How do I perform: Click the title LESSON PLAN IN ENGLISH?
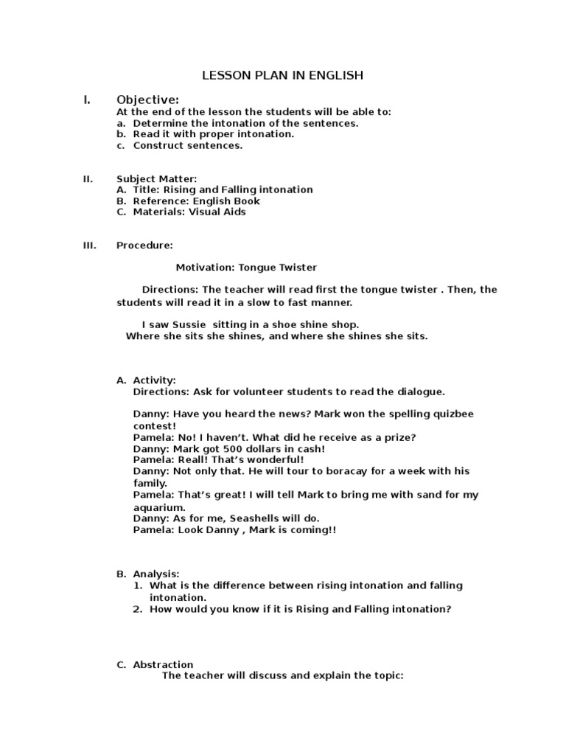click(283, 75)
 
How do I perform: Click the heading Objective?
click(147, 100)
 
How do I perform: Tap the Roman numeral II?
click(88, 178)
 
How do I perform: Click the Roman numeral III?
click(89, 245)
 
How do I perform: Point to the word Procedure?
click(144, 245)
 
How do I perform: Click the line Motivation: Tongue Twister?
click(246, 267)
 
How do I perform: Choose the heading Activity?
click(154, 380)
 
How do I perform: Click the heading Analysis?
click(156, 574)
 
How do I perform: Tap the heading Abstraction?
click(163, 664)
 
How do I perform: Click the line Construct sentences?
click(187, 145)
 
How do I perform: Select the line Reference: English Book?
click(196, 201)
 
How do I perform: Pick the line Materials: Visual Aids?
click(189, 212)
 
